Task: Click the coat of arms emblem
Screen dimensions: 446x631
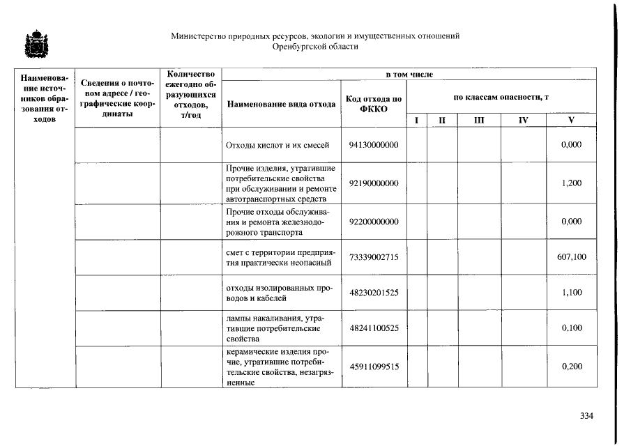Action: [32, 44]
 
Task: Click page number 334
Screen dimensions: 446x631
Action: [586, 416]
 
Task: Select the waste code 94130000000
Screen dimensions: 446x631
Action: [374, 145]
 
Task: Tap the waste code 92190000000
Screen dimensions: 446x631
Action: [374, 183]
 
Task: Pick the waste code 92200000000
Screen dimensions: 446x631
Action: [374, 222]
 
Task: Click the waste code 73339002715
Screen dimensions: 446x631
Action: [374, 257]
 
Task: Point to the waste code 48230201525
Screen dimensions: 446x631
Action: [374, 293]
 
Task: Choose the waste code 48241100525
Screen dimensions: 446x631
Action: [374, 328]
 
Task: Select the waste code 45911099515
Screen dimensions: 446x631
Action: [374, 367]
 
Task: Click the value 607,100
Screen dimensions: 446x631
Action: [571, 257]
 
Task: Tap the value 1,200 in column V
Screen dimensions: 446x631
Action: [571, 183]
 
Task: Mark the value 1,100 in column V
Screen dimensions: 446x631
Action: [571, 293]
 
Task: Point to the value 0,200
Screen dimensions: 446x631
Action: [571, 367]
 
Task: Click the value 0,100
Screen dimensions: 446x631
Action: [571, 328]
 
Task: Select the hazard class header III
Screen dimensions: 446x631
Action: [479, 121]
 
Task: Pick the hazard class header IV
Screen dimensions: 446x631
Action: [523, 121]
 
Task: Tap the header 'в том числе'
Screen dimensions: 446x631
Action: [409, 74]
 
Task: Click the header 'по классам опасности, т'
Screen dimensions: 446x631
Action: [501, 98]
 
